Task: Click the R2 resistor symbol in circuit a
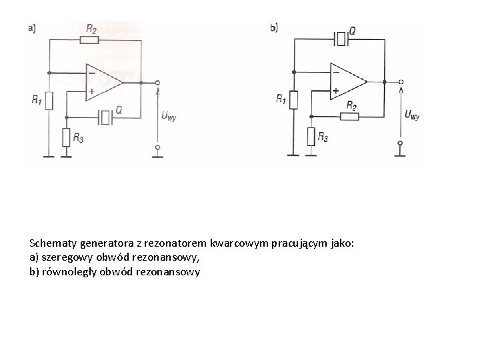[x=89, y=40]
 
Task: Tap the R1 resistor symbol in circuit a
[x=49, y=101]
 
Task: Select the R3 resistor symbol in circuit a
[x=66, y=137]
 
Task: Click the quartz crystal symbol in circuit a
[x=105, y=117]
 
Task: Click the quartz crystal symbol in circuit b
[x=341, y=39]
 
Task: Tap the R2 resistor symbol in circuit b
[x=349, y=117]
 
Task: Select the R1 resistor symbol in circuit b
[x=293, y=100]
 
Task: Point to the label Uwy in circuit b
[x=412, y=115]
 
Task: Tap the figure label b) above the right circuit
[x=274, y=27]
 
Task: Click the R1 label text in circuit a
[x=35, y=100]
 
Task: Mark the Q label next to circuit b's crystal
[x=352, y=31]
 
